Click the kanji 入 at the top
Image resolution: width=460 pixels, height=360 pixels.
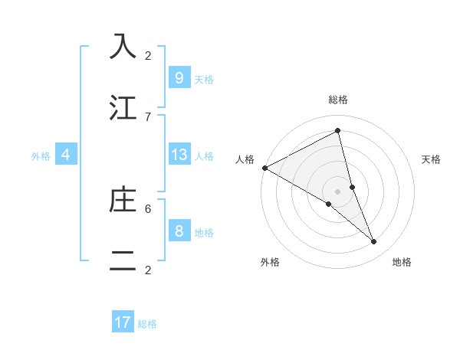tap(123, 46)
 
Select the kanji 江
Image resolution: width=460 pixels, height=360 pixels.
tap(123, 106)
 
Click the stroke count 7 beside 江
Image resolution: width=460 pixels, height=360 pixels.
tap(148, 116)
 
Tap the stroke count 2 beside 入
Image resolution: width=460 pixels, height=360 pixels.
tap(148, 55)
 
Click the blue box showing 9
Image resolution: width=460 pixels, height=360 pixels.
tap(179, 77)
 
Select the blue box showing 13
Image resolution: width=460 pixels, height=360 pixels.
tap(179, 155)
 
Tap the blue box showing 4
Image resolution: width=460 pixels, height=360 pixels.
tap(66, 155)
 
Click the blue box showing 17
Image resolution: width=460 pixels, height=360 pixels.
tap(123, 322)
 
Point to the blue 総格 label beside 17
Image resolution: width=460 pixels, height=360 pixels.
tap(147, 324)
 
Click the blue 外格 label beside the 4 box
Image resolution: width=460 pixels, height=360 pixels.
tap(41, 156)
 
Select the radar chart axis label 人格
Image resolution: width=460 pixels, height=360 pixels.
tap(245, 159)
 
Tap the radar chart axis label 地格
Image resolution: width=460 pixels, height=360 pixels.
tap(402, 262)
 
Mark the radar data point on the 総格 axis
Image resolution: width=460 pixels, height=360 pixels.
tap(337, 130)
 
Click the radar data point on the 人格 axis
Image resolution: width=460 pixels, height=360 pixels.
tap(264, 168)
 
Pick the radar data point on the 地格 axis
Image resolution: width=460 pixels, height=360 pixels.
tap(374, 242)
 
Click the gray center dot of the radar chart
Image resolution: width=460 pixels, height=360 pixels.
tap(337, 191)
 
